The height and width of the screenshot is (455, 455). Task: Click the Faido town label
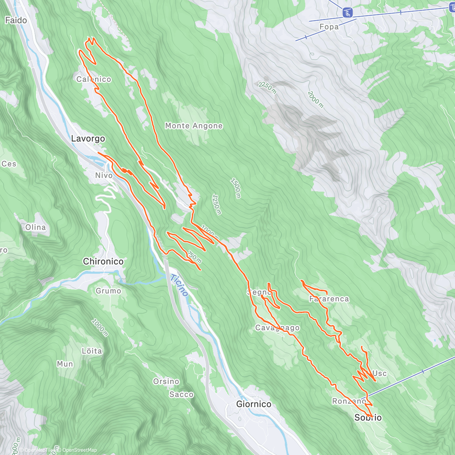click(16, 20)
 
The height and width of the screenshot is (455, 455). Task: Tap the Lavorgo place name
click(88, 139)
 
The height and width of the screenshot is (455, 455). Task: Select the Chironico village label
click(103, 262)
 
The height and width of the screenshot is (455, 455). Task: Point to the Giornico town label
click(254, 404)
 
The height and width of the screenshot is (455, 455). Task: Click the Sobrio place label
click(368, 417)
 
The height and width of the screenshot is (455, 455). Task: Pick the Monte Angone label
click(194, 126)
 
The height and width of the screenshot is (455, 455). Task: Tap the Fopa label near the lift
click(329, 27)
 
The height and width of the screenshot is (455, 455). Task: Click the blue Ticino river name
click(179, 285)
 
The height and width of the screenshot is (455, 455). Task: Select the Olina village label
click(35, 227)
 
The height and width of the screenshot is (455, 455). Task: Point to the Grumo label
click(108, 291)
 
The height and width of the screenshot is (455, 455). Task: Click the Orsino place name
click(166, 381)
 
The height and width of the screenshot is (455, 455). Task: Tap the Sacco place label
click(181, 395)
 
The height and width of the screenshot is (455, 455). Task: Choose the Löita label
click(92, 351)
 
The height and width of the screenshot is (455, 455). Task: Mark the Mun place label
click(65, 364)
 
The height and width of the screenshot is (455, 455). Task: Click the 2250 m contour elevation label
click(268, 88)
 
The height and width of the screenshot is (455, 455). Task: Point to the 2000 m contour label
click(315, 100)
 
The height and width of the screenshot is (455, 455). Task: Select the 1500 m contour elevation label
click(235, 188)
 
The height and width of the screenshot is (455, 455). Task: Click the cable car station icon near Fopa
click(347, 13)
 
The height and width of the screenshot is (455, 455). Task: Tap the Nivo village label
click(104, 176)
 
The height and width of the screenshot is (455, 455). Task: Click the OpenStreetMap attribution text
click(79, 450)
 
